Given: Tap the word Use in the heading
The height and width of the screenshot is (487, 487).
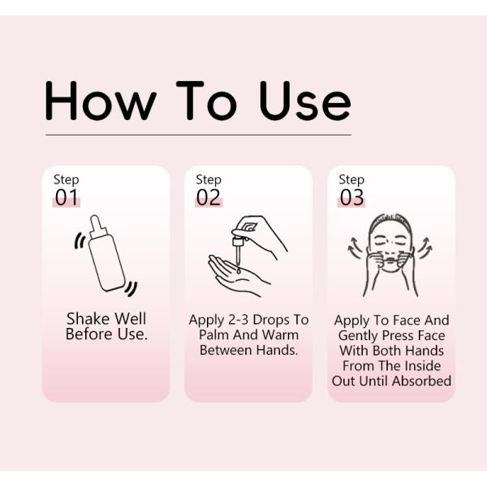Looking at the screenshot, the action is (305, 101).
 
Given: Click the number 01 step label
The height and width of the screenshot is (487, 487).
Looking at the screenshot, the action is (67, 197).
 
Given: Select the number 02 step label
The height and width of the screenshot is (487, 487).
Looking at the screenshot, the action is (209, 197).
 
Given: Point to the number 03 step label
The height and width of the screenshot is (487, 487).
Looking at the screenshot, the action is (351, 197).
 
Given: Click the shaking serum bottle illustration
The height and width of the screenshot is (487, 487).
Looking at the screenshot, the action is (106, 255).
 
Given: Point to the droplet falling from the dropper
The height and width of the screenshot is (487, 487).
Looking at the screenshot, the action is (238, 270).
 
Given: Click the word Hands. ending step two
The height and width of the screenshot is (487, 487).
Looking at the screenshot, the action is (278, 350).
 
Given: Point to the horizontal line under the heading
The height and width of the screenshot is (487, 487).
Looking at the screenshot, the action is (199, 135).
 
